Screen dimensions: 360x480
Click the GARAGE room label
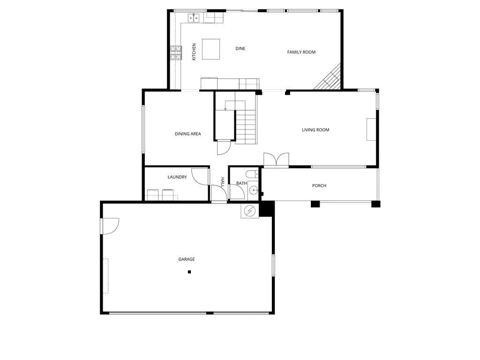pyautogui.click(x=186, y=259)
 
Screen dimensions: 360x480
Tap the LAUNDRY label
pyautogui.click(x=177, y=177)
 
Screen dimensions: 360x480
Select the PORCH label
pyautogui.click(x=319, y=186)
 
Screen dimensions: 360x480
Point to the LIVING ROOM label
pyautogui.click(x=315, y=130)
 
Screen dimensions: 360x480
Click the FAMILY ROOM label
pyautogui.click(x=301, y=52)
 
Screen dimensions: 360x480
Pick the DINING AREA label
pyautogui.click(x=187, y=134)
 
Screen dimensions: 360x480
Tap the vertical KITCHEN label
pyautogui.click(x=194, y=52)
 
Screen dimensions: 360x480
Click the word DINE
pyautogui.click(x=240, y=49)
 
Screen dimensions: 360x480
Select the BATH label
pyautogui.click(x=241, y=183)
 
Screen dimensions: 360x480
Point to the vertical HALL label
pyautogui.click(x=223, y=182)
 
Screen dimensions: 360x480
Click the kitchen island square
pyautogui.click(x=210, y=49)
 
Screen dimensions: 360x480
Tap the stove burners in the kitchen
pyautogui.click(x=176, y=53)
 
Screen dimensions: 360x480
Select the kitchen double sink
pyautogui.click(x=194, y=18)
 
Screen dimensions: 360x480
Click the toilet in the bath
pyautogui.click(x=252, y=174)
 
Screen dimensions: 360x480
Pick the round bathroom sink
pyautogui.click(x=254, y=190)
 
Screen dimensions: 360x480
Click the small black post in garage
pyautogui.click(x=189, y=272)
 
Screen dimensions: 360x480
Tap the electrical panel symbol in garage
pyautogui.click(x=250, y=211)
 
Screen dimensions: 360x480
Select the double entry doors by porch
pyautogui.click(x=276, y=159)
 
